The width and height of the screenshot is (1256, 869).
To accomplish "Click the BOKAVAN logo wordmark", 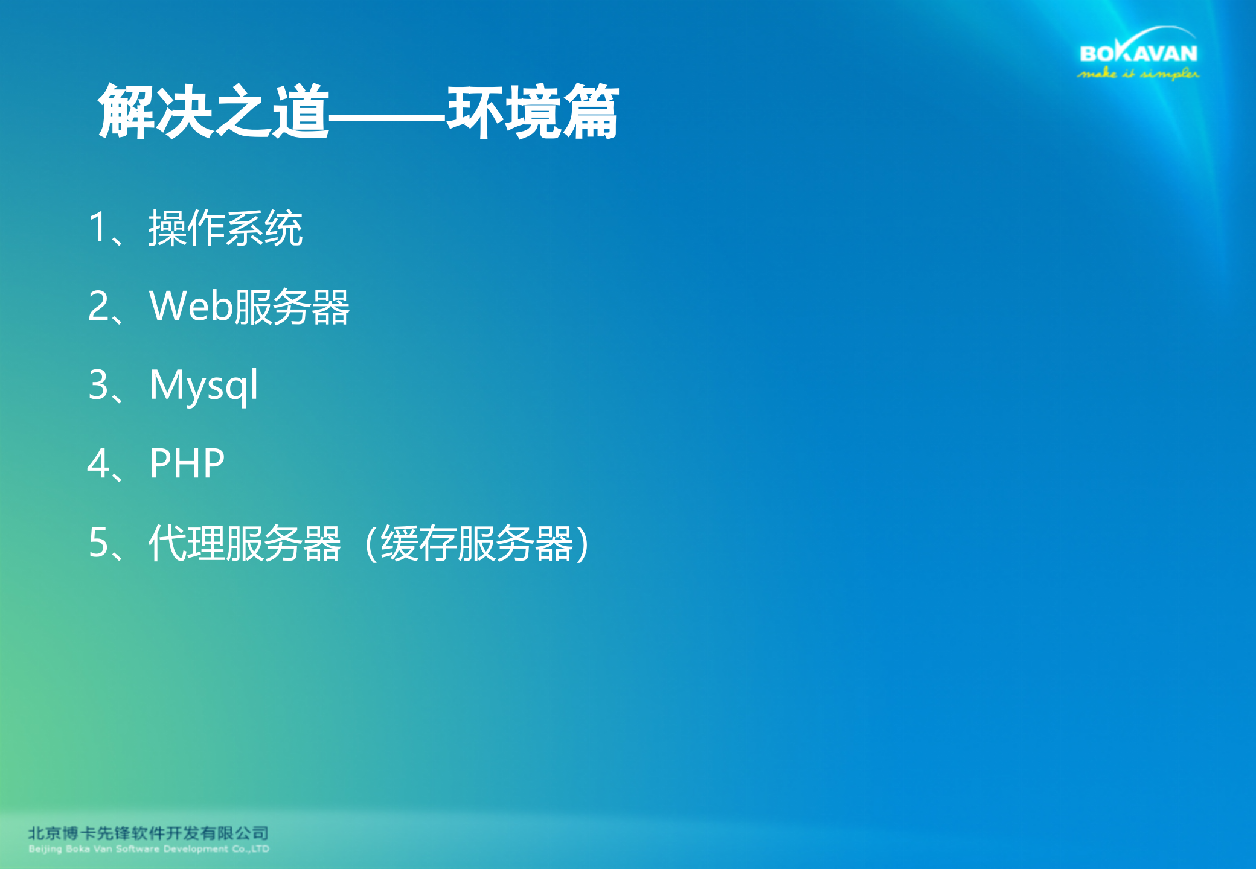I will [1138, 54].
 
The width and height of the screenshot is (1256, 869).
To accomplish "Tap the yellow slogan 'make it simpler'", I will [1138, 74].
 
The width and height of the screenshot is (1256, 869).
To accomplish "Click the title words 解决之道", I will [214, 112].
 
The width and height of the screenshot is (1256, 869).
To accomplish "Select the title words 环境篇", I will [533, 112].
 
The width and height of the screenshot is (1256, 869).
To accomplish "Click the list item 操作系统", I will [225, 228].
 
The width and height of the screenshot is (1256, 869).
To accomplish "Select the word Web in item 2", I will [191, 306].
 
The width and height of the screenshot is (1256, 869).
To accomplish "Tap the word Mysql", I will [204, 385].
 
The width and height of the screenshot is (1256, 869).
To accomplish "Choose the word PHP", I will [187, 463].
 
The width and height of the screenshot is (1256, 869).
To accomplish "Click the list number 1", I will [98, 228].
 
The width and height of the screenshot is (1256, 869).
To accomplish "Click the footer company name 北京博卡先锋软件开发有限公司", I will [148, 833].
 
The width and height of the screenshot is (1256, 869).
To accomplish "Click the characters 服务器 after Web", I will [292, 307].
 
